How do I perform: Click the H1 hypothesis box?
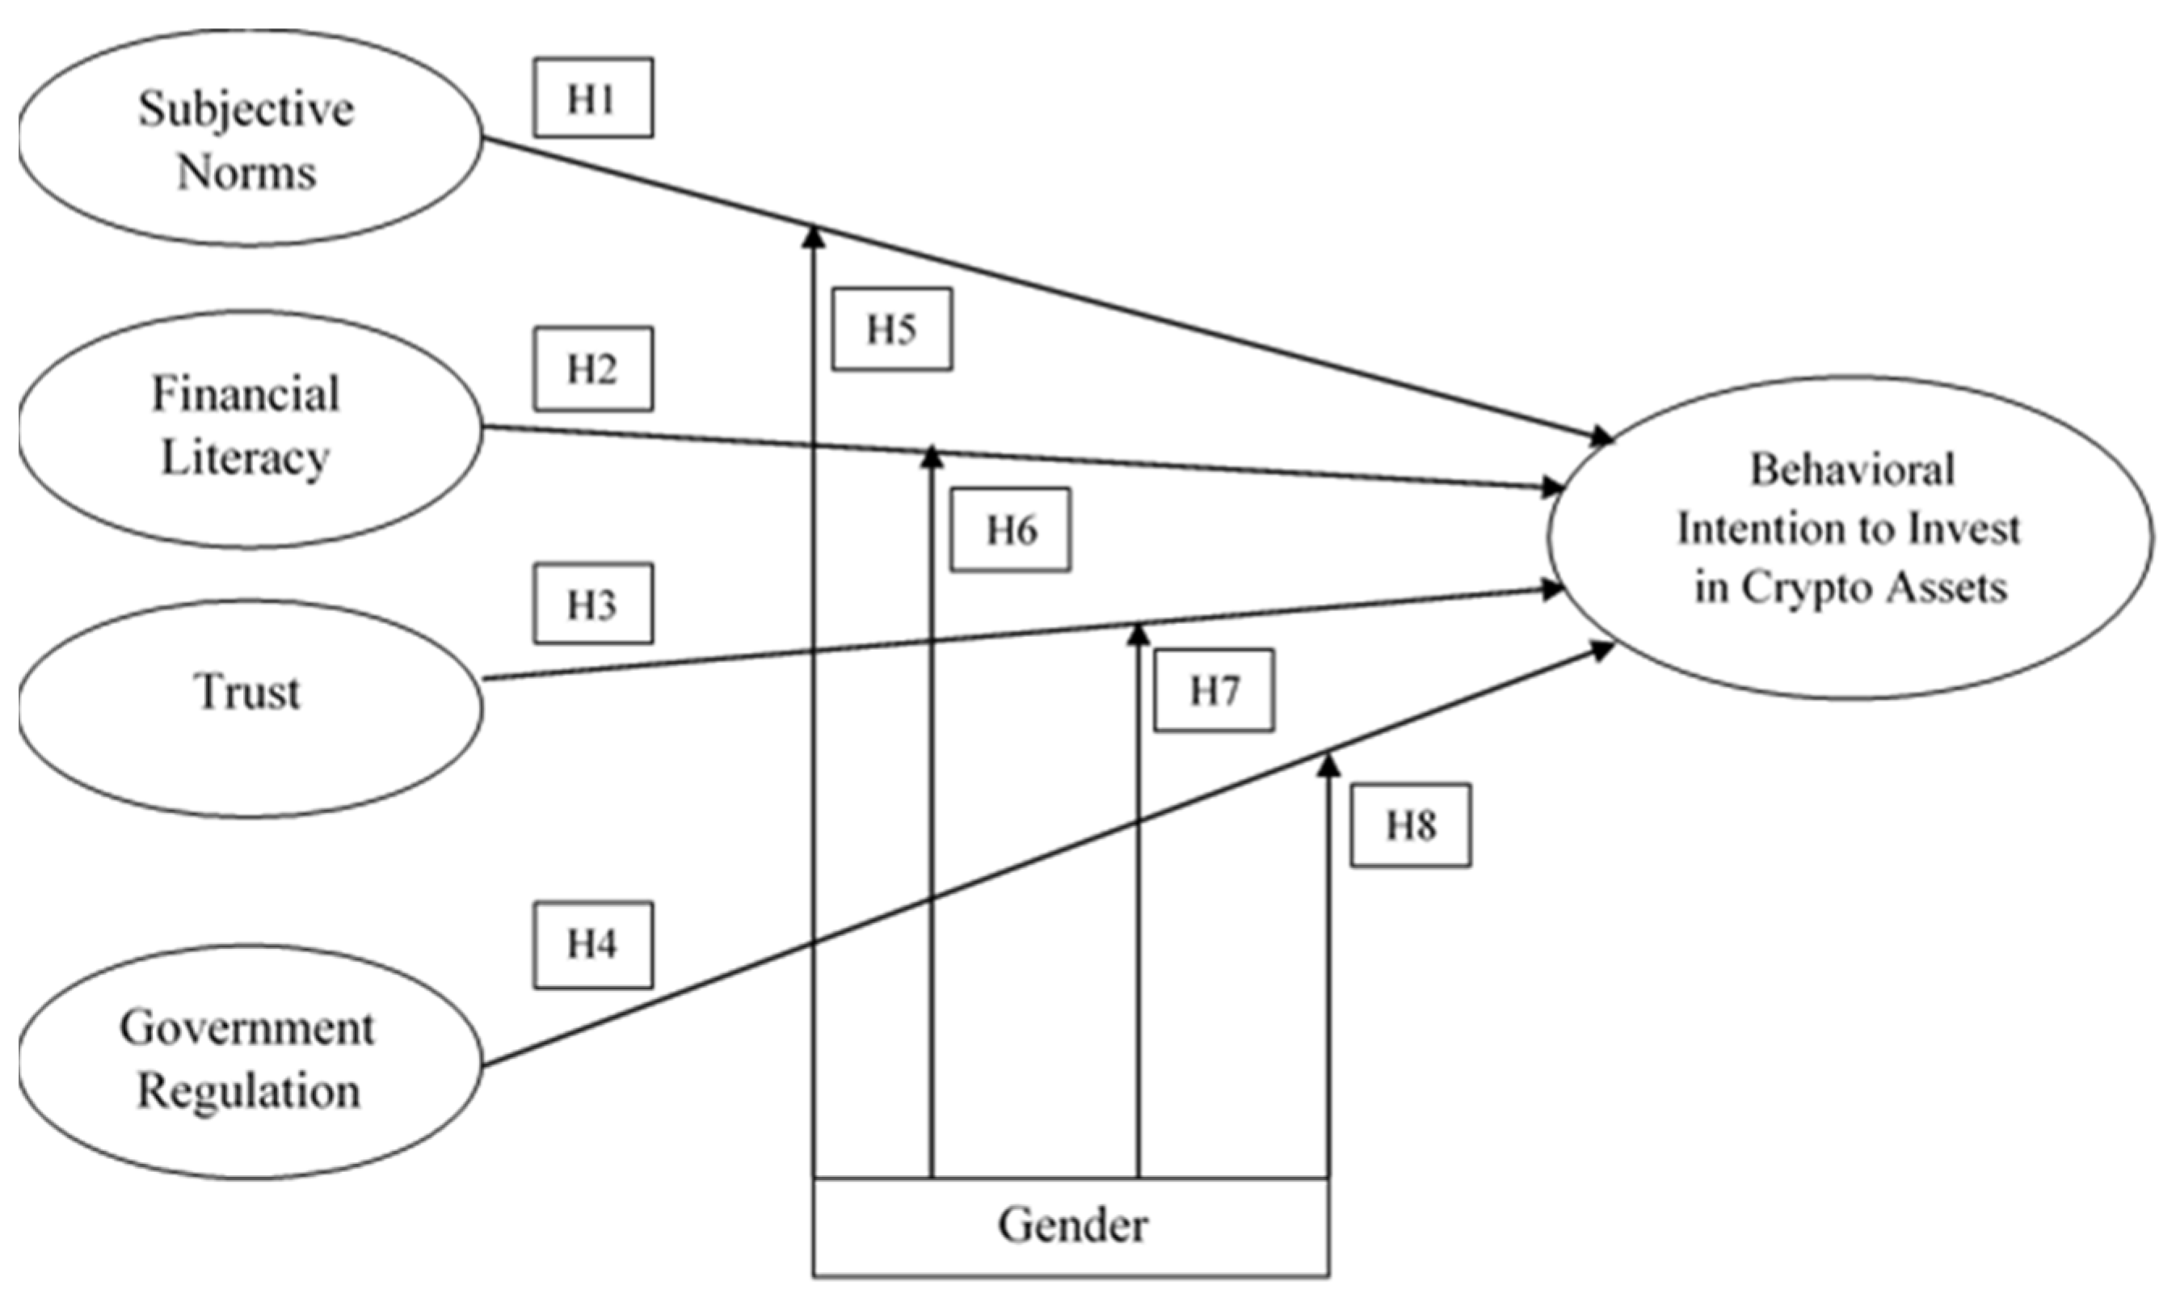592,98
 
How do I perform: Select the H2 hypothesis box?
592,368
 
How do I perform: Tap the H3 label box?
592,604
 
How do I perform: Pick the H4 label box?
592,944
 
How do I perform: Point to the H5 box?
891,330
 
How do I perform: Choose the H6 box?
1010,529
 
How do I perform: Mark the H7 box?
1214,690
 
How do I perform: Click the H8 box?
1411,825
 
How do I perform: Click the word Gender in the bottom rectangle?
1072,1225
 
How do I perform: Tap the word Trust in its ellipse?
249,693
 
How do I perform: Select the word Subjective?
246,110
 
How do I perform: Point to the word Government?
247,1028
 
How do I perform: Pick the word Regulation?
249,1091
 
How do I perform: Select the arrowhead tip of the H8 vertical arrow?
1328,764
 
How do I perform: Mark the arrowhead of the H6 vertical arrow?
932,456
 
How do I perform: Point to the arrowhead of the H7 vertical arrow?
1137,632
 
